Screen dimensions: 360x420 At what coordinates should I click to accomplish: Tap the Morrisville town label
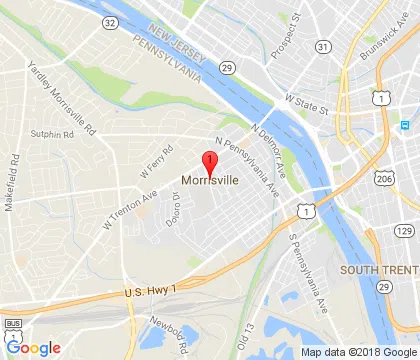tap(210, 181)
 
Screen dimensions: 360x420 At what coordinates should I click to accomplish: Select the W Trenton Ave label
tap(130, 205)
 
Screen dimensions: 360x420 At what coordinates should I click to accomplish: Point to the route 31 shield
tap(322, 47)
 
